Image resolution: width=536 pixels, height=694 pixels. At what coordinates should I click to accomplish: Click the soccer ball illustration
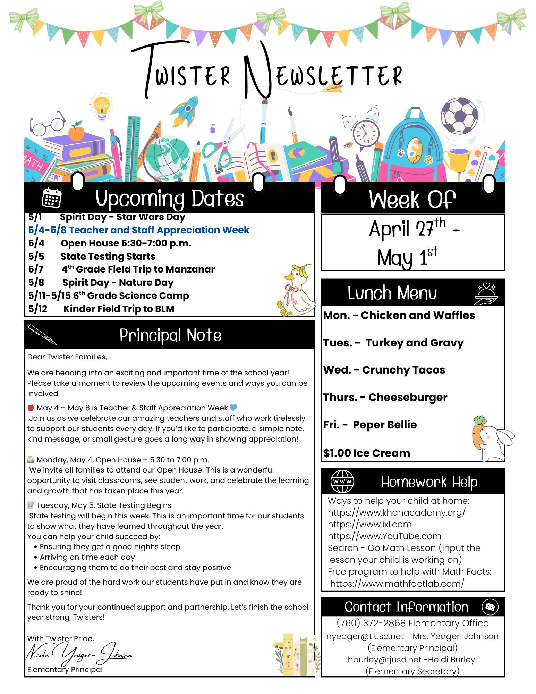459,116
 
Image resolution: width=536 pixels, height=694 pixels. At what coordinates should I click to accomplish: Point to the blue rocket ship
185,110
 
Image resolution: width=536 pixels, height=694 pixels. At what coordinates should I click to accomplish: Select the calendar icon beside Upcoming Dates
51,198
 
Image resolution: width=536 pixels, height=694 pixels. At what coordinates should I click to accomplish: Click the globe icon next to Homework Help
342,482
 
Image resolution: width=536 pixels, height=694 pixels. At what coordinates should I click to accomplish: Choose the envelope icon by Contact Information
490,607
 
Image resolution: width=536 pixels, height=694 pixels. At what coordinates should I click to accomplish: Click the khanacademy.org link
397,512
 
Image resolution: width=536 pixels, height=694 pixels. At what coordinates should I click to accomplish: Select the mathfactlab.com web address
397,584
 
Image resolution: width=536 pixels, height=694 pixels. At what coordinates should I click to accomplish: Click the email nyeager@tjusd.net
365,636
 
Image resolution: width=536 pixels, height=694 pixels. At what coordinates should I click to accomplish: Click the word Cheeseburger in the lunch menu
408,397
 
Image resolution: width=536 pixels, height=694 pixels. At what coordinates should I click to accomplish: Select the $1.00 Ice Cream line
366,453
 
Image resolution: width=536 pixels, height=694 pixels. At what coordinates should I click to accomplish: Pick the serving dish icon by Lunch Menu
486,294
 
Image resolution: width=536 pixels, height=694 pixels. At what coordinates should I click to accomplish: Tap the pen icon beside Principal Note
41,334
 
